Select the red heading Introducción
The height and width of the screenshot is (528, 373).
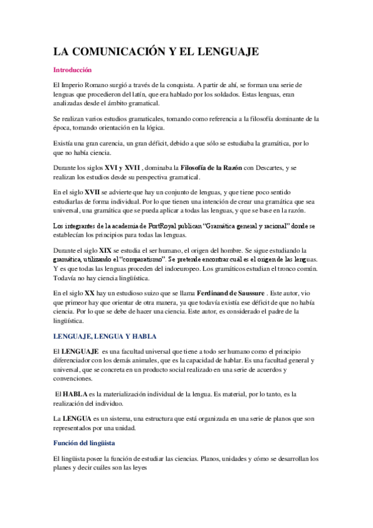(72, 70)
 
